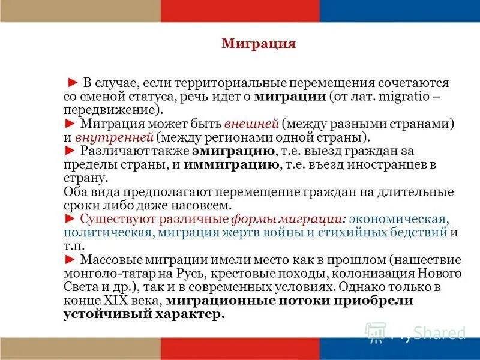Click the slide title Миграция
point(259,44)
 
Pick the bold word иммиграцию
point(232,164)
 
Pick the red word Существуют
point(115,219)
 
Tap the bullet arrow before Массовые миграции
point(70,260)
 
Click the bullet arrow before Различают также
point(70,151)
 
